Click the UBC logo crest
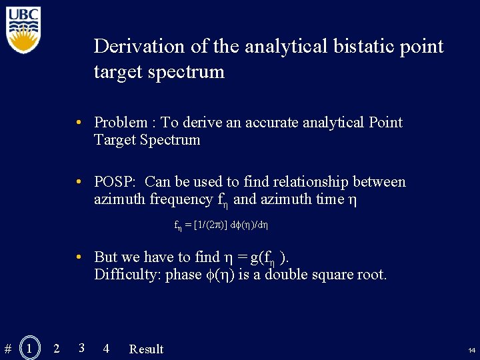point(24,30)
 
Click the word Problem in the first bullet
point(121,123)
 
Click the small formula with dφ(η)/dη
point(221,225)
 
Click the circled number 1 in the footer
point(29,348)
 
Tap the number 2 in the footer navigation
point(56,348)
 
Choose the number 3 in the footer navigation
point(81,347)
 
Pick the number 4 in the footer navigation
point(106,348)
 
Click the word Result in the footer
point(146,349)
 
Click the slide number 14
point(471,350)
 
